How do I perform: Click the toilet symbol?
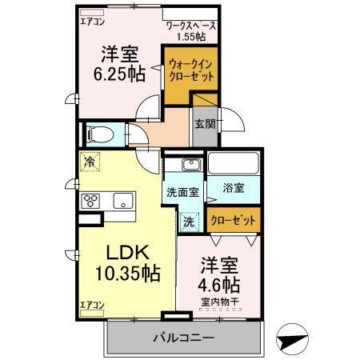(x=101, y=134)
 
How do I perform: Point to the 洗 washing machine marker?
(x=190, y=219)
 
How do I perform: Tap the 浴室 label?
(x=234, y=189)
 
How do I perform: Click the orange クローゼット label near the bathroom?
(x=234, y=218)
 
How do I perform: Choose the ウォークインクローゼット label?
(x=192, y=70)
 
